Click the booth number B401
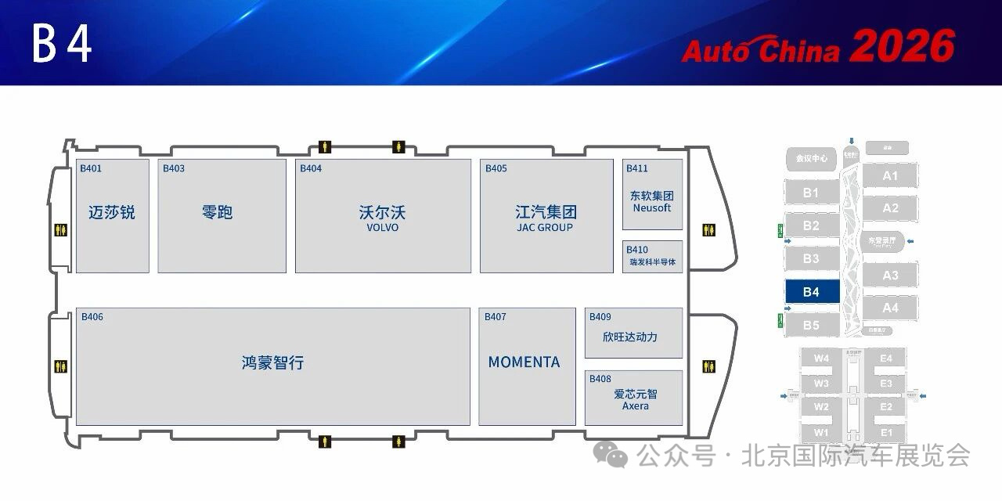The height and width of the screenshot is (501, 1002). (x=91, y=168)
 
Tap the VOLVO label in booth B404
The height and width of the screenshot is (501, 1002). (x=383, y=228)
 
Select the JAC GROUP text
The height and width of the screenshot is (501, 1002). (x=545, y=228)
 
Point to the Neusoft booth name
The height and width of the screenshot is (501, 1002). (x=652, y=208)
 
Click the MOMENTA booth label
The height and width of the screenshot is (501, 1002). (x=524, y=362)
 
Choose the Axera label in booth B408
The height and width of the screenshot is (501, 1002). (x=635, y=406)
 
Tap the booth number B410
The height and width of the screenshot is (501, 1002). (x=636, y=250)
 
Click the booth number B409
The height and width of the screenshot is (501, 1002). (x=600, y=317)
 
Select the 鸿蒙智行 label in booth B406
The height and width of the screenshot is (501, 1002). (x=272, y=363)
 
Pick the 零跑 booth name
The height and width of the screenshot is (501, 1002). (x=217, y=212)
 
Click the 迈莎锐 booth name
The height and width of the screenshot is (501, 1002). (x=112, y=212)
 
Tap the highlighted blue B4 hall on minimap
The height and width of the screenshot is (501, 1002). (x=811, y=292)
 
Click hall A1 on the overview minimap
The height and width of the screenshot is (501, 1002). (x=890, y=176)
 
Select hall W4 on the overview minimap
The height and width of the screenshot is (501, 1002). (x=821, y=359)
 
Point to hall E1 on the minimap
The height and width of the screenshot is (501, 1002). (x=886, y=433)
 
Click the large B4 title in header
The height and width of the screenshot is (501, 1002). (x=63, y=45)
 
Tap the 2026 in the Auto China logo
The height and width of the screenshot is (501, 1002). (x=903, y=47)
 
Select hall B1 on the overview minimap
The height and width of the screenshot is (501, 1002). (x=811, y=193)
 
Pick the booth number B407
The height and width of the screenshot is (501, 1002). (x=496, y=317)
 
